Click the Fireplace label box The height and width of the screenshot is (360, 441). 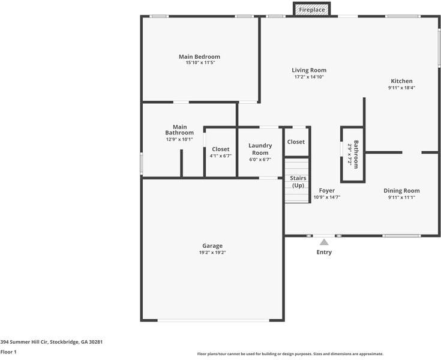[x=312, y=10]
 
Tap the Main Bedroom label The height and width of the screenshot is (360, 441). [x=195, y=56]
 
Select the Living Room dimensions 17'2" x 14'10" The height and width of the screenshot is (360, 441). [x=309, y=77]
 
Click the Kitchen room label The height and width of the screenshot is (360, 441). [x=401, y=81]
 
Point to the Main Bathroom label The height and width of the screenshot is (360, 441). [x=179, y=130]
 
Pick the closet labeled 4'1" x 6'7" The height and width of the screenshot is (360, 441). [x=220, y=152]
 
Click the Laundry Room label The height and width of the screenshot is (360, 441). [x=260, y=149]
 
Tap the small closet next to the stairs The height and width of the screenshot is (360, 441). [x=296, y=142]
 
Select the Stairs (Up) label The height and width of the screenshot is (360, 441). [x=298, y=182]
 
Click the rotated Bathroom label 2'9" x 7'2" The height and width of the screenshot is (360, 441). [x=353, y=154]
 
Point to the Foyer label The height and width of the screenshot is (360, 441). [x=327, y=190]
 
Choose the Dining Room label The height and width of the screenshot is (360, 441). [x=401, y=190]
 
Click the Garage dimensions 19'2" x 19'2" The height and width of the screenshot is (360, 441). [x=212, y=253]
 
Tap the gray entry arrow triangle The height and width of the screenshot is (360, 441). [x=324, y=242]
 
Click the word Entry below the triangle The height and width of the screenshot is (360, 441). [x=324, y=252]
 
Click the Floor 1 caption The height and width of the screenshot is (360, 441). [x=8, y=352]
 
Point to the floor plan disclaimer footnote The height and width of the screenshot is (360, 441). [x=290, y=353]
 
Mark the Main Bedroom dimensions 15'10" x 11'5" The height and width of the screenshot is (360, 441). [x=195, y=62]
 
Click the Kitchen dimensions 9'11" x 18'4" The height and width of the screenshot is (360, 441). [x=401, y=88]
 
